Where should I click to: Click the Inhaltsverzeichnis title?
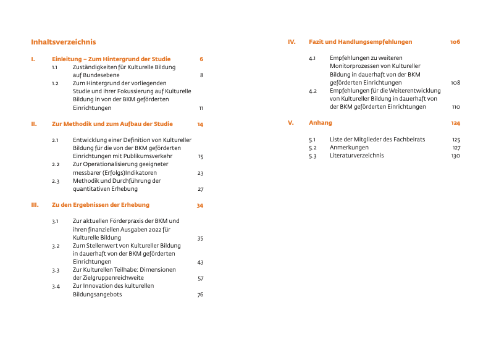click(64, 43)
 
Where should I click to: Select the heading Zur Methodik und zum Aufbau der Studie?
click(112, 123)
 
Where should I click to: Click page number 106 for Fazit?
click(455, 42)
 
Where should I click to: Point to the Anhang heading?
click(320, 123)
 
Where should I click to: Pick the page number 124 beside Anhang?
click(456, 123)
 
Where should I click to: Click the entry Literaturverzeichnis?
click(356, 156)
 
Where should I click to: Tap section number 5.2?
click(313, 148)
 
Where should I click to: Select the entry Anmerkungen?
click(349, 148)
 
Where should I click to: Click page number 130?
click(456, 156)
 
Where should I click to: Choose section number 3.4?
click(56, 287)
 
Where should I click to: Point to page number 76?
click(200, 295)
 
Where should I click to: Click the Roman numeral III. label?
click(35, 205)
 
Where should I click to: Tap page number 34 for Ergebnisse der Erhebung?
click(200, 205)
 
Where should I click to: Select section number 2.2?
click(56, 165)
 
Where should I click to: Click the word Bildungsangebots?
click(97, 295)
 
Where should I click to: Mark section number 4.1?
click(313, 59)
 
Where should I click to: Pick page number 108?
click(456, 83)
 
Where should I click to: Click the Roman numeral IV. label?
click(292, 42)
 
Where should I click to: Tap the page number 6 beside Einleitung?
click(201, 59)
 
